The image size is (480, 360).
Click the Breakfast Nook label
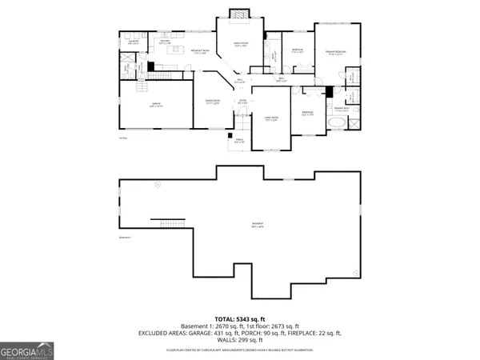pos(200,52)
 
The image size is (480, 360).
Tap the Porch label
pos(238,140)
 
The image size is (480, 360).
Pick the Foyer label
pos(242,102)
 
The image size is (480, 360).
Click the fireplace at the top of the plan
pos(236,13)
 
